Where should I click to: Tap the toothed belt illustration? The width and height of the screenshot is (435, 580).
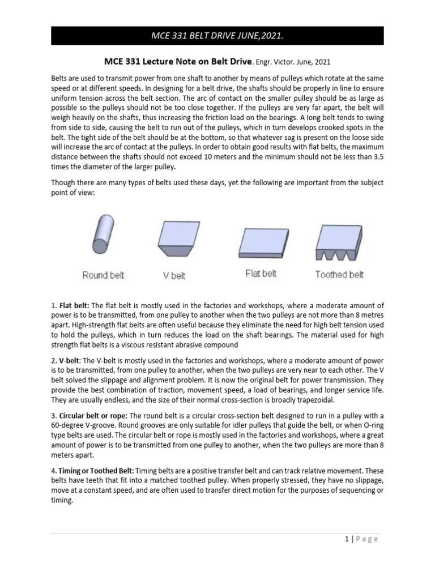coord(339,242)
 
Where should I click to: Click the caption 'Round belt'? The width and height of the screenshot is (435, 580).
coord(103,275)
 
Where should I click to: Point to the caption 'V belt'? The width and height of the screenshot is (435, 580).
coord(174,276)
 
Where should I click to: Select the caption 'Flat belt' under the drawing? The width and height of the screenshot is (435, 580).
coord(261,274)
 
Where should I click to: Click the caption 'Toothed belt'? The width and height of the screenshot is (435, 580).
coord(339,275)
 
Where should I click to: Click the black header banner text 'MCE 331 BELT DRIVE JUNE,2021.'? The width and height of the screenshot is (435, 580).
coord(217,36)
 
